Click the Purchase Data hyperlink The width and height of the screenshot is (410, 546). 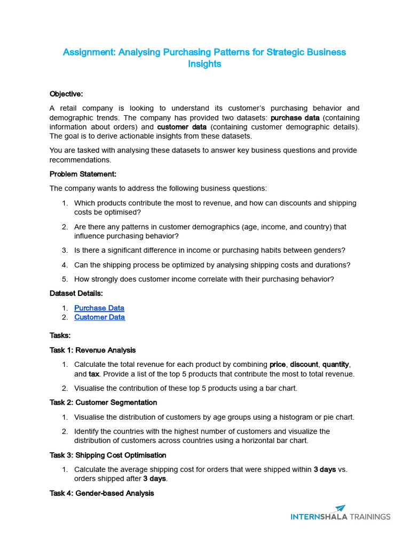pos(99,308)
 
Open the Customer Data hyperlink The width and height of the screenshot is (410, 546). pos(99,317)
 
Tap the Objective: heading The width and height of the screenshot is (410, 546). pos(66,94)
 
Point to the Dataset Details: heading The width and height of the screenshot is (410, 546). pos(76,293)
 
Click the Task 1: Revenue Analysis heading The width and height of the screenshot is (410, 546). pos(92,350)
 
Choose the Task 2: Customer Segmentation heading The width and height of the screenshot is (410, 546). pos(103,402)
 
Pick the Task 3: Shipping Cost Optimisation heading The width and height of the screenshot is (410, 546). pos(108,455)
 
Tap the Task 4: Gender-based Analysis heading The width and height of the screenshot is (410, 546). pos(101,493)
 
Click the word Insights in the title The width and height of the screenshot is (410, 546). pos(204,64)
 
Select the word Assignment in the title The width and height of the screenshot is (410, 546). pos(89,52)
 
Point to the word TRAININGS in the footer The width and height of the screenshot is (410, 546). pos(370,517)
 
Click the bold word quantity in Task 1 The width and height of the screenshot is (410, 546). pos(334,365)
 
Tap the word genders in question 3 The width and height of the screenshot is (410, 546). pos(330,250)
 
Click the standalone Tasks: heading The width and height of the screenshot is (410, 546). pos(60,336)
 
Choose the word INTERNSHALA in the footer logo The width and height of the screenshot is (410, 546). pos(319,517)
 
